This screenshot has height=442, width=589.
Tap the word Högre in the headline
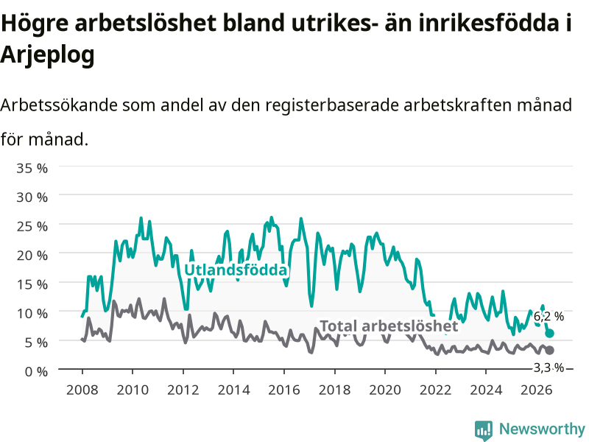click(x=35, y=24)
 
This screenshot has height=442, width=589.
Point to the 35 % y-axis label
click(x=32, y=168)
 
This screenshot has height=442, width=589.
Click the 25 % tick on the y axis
click(x=32, y=226)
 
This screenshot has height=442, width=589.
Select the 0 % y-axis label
click(x=36, y=372)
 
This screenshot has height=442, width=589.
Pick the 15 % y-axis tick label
click(x=32, y=284)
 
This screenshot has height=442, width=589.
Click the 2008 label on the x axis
click(x=82, y=390)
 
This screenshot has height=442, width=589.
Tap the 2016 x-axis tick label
click(x=284, y=390)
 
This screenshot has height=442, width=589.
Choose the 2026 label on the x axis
click(x=537, y=390)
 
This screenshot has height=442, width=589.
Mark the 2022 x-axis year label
click(x=435, y=390)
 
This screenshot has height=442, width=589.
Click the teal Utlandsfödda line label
click(x=236, y=270)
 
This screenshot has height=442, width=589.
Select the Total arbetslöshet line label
click(x=389, y=326)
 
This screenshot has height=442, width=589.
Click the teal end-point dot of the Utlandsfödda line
click(x=549, y=334)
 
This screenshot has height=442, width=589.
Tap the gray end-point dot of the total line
click(x=549, y=351)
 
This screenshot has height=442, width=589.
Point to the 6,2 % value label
click(x=549, y=317)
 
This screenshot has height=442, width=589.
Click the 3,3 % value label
click(x=549, y=368)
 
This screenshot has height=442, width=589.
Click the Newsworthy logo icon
click(x=484, y=430)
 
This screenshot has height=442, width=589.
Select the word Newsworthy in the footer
click(x=542, y=429)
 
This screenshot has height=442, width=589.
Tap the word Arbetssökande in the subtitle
click(x=59, y=105)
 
